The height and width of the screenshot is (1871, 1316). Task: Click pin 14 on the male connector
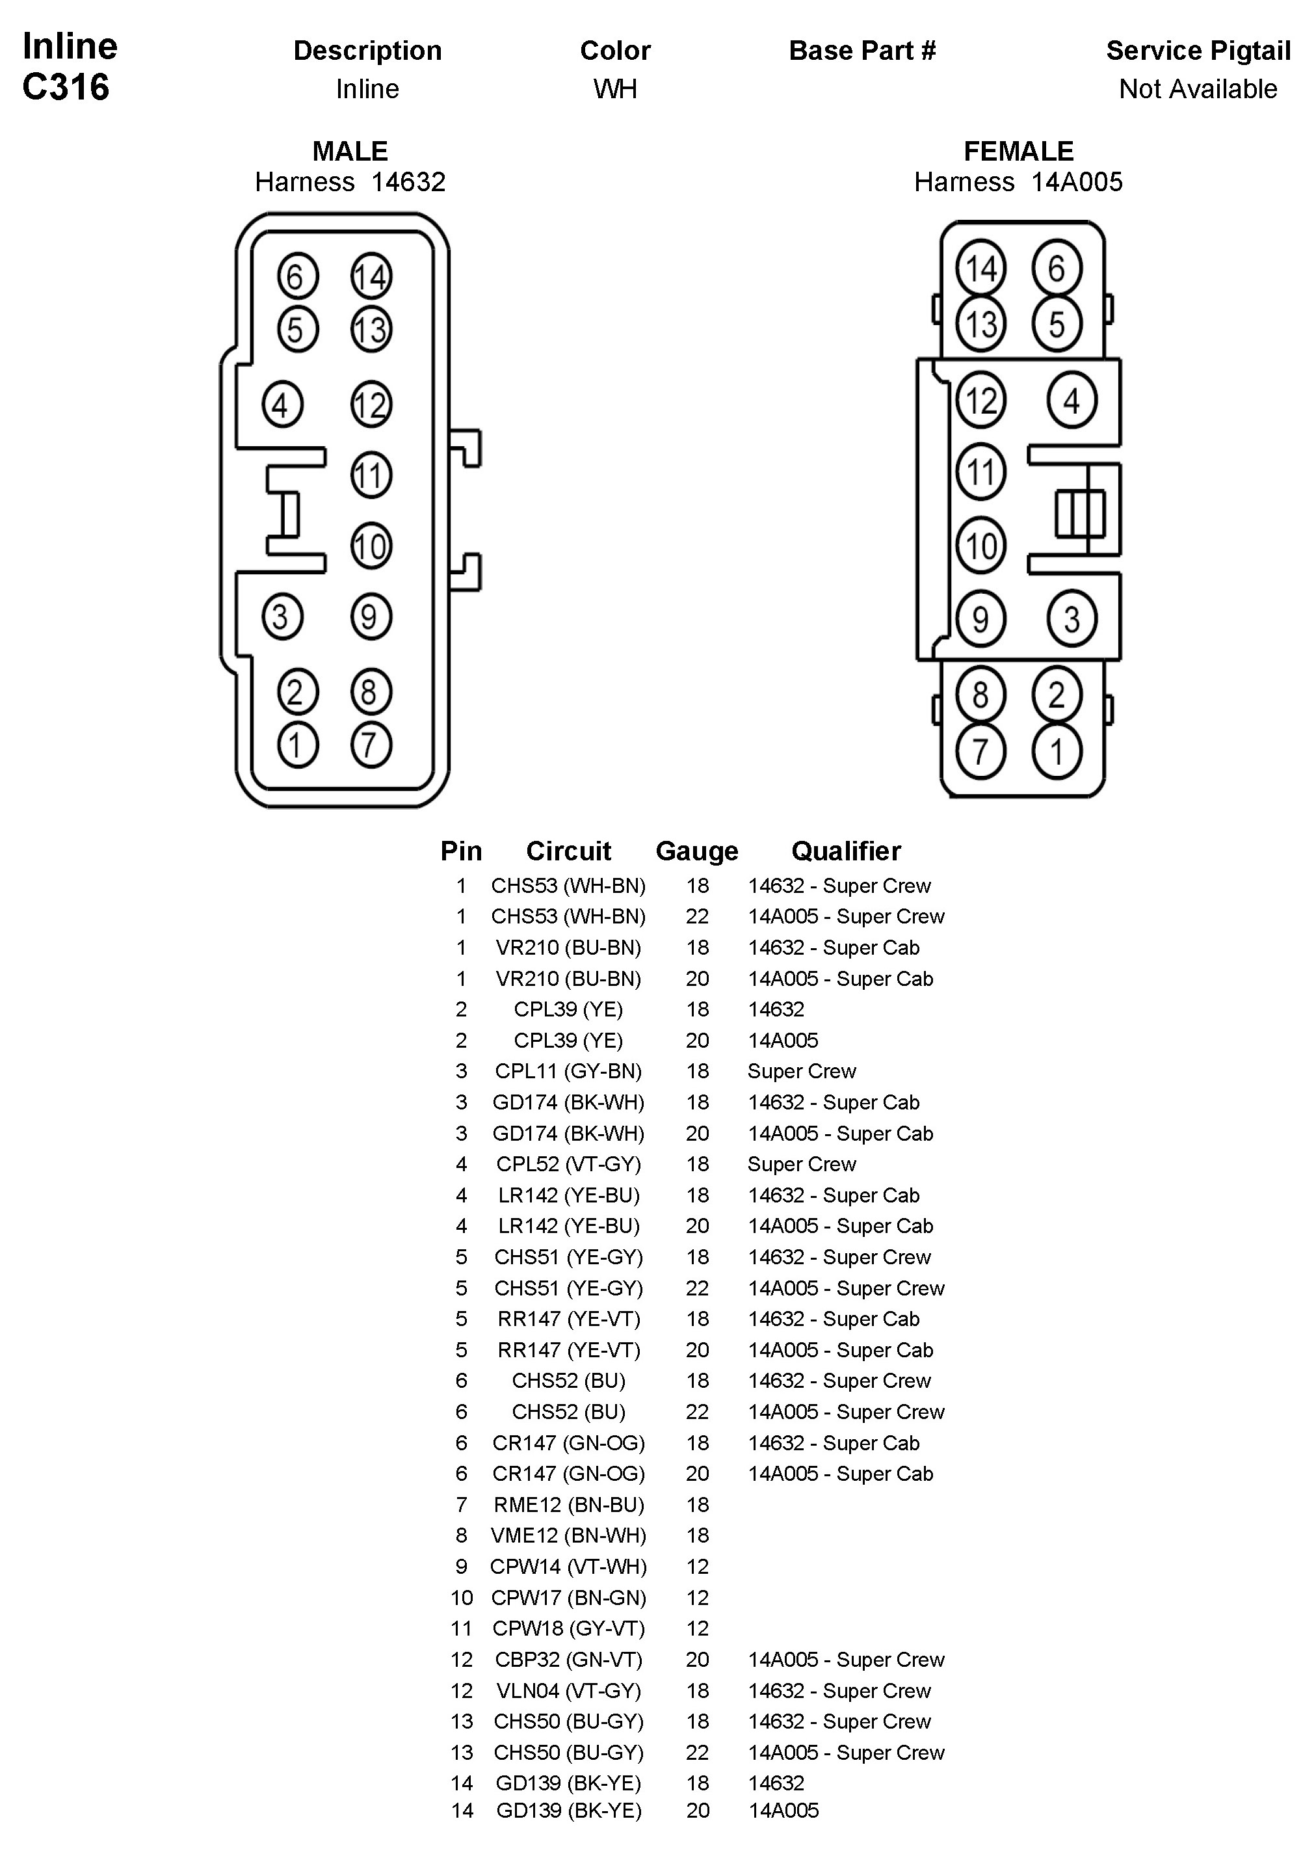371,276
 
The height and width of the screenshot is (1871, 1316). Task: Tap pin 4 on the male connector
282,405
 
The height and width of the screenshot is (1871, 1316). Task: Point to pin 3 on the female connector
1072,618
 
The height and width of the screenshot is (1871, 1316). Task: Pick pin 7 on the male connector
371,745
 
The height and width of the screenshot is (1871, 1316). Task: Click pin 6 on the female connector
1056,268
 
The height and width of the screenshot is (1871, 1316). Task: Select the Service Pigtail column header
1198,51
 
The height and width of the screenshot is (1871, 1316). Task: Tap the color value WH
614,89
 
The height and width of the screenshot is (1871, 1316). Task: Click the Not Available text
1198,89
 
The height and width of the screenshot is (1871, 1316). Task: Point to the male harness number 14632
408,181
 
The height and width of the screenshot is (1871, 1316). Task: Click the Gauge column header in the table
697,851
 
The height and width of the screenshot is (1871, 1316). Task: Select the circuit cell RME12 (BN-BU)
569,1504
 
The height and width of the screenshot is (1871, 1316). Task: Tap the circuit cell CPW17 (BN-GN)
569,1597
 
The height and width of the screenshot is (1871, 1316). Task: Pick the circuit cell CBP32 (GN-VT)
569,1659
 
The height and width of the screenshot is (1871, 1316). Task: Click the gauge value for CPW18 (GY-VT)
698,1628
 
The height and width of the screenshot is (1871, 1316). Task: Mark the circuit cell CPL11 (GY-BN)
569,1071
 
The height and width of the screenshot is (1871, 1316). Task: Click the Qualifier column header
846,851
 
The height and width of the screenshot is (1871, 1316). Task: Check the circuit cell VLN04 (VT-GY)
569,1690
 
